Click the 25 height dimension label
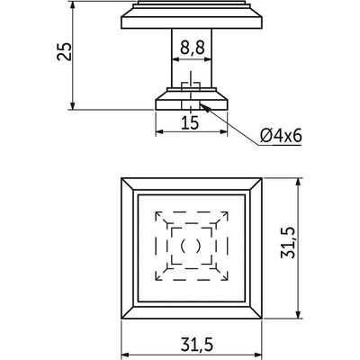click(x=65, y=51)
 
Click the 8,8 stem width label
click(x=193, y=48)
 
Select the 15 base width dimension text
click(x=190, y=122)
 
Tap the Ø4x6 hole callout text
click(x=281, y=136)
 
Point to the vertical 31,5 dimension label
click(x=288, y=243)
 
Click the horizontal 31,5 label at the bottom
click(x=197, y=345)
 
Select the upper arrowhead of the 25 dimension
click(x=72, y=6)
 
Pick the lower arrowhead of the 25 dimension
click(x=72, y=105)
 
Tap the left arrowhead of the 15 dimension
click(x=159, y=131)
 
